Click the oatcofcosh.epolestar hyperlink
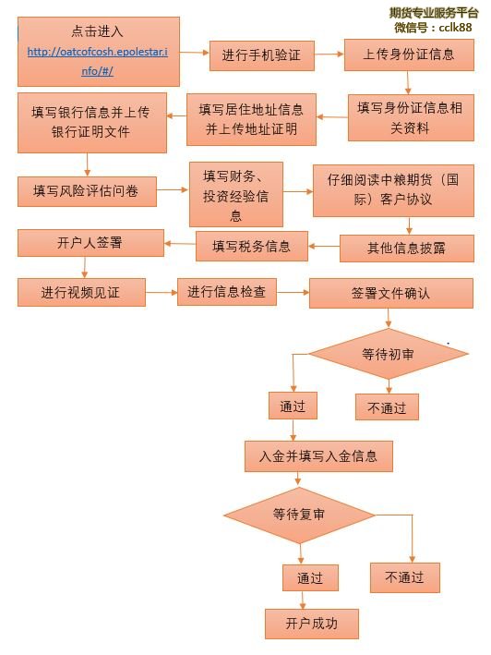coord(98,61)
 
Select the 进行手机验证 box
coord(261,55)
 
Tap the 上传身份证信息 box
coord(409,55)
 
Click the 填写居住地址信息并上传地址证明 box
coord(251,119)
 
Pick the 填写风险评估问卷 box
coord(87,191)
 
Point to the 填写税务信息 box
coord(252,247)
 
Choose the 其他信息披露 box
coord(407,249)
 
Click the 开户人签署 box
coord(90,243)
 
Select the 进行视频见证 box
coord(81,293)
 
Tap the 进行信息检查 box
coord(227,292)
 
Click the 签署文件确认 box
coord(391,293)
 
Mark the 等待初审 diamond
coord(388,354)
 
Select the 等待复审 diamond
coord(299,516)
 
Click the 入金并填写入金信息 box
coord(318,456)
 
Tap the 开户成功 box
coord(312,624)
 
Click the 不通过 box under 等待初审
coord(387,406)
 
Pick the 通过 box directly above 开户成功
coord(310,577)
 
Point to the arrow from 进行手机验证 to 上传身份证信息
coord(329,54)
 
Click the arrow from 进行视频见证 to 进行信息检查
coord(162,293)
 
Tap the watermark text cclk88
coord(455,28)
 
